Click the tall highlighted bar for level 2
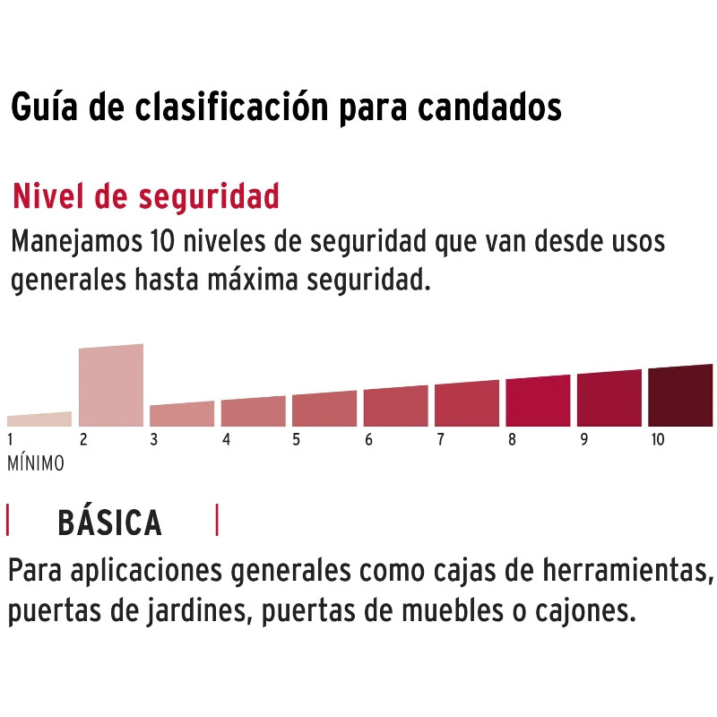(111, 385)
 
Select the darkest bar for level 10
(680, 395)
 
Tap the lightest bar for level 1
(39, 419)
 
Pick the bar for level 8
(539, 401)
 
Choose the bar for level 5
(324, 409)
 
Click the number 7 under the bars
(440, 439)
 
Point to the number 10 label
(658, 439)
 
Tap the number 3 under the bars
(154, 439)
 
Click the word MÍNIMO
(36, 463)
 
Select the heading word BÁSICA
(109, 523)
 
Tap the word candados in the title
(489, 108)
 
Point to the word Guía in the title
(44, 108)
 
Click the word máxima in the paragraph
(253, 280)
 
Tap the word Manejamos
(77, 242)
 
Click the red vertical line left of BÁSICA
(8, 520)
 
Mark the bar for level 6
(396, 406)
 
